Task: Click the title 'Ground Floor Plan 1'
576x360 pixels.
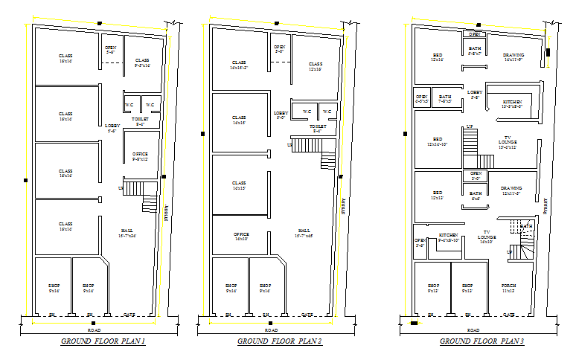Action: (103, 341)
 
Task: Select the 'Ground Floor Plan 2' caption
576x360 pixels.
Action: (279, 341)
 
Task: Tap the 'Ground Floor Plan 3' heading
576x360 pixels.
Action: (481, 341)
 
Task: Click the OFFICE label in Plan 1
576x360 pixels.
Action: (141, 154)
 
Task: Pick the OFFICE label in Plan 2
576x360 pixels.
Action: (241, 234)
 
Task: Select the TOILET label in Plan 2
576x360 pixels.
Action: (318, 127)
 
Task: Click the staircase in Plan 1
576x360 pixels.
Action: (140, 195)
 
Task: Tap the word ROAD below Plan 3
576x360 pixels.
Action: (473, 330)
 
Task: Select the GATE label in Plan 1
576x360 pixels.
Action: (129, 315)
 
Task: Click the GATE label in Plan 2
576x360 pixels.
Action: (306, 315)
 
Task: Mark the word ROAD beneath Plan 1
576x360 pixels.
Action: (94, 330)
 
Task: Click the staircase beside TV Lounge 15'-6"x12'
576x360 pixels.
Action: (469, 141)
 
